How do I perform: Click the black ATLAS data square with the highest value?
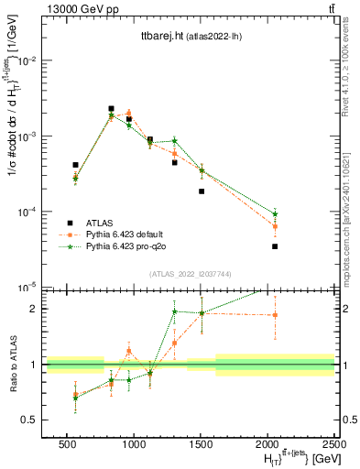click(111, 108)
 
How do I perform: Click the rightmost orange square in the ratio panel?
click(275, 315)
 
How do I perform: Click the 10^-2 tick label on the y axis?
click(27, 60)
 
